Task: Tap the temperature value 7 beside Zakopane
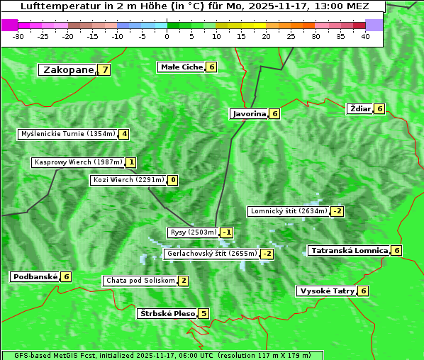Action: pos(105,69)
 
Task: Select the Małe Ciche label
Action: pos(182,67)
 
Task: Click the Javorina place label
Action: pos(249,113)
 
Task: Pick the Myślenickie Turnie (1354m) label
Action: pos(67,134)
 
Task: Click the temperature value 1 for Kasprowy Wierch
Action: pos(131,162)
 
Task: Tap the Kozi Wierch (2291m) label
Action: pos(128,180)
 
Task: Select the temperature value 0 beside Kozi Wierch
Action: pos(172,180)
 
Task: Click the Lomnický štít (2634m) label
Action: pos(289,211)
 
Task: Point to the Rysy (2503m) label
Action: pos(192,232)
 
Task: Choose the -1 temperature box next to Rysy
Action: pos(227,232)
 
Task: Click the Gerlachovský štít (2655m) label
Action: pos(211,254)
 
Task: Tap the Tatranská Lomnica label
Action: pos(349,250)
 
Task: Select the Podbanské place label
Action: pos(35,276)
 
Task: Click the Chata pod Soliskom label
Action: pos(140,281)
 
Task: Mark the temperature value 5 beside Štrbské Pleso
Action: pos(203,313)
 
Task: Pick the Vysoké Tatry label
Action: pos(327,291)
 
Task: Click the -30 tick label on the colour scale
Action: pos(18,36)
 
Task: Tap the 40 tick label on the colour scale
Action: pos(365,36)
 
